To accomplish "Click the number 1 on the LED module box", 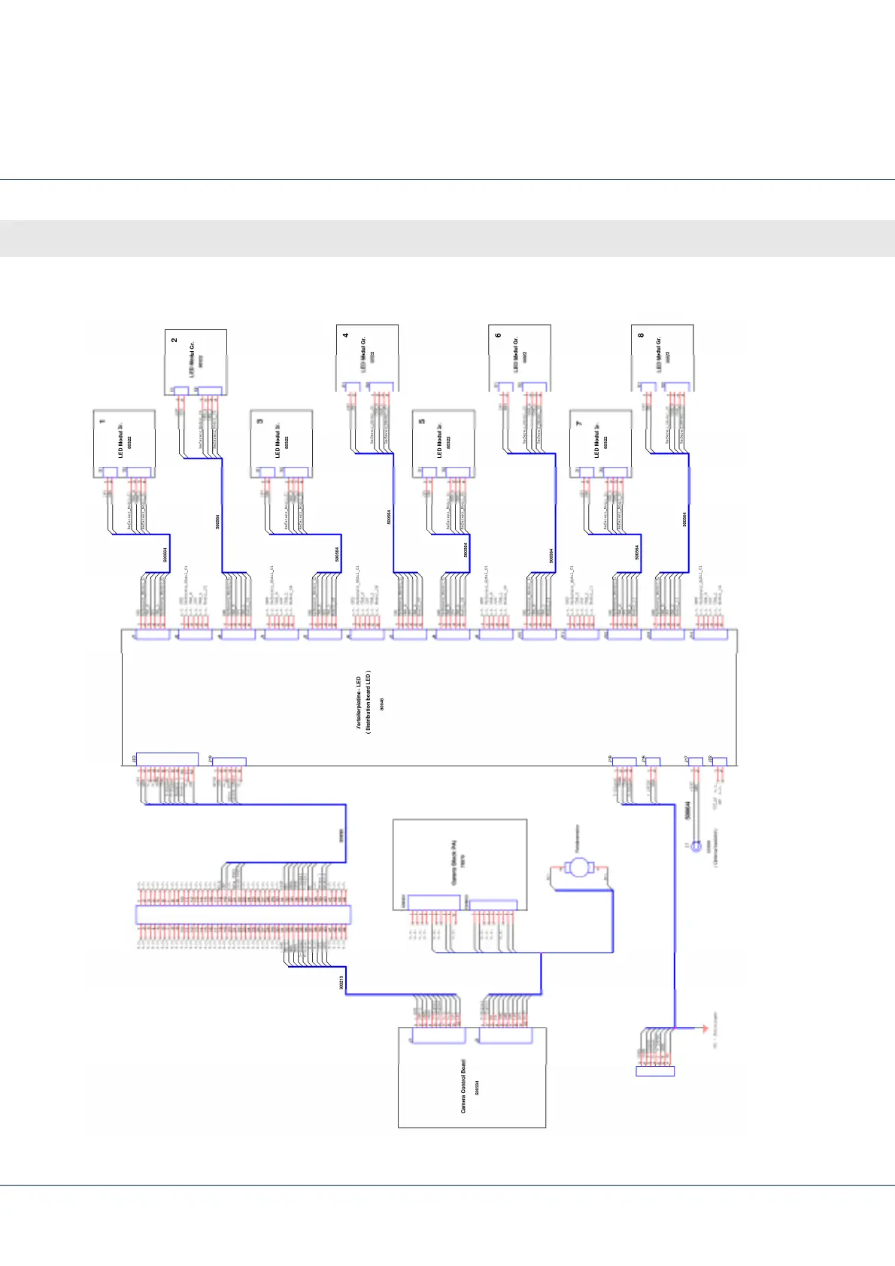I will (x=102, y=422).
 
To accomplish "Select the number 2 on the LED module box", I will (x=174, y=340).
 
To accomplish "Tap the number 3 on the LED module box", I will (x=260, y=421).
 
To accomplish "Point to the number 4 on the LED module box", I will (x=346, y=335).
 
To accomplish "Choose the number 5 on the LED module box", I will (x=422, y=421).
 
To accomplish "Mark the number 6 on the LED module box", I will (x=498, y=335).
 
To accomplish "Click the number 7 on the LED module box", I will (x=579, y=423).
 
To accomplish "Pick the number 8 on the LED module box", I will (x=641, y=335).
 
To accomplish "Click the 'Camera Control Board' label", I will (x=463, y=1087).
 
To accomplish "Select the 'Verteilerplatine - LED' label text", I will (x=359, y=702).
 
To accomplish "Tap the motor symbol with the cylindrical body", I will (x=578, y=868).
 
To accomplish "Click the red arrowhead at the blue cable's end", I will (x=705, y=1028).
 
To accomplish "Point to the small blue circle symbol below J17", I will (x=696, y=847).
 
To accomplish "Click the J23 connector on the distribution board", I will (x=166, y=759).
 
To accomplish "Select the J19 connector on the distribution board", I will (x=229, y=762).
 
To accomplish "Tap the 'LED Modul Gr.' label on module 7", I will (x=597, y=444).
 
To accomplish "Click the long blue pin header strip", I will (x=242, y=915).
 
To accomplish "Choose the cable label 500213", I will (x=341, y=982).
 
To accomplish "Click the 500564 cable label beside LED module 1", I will (x=165, y=555).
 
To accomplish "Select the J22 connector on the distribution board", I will (x=719, y=762).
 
